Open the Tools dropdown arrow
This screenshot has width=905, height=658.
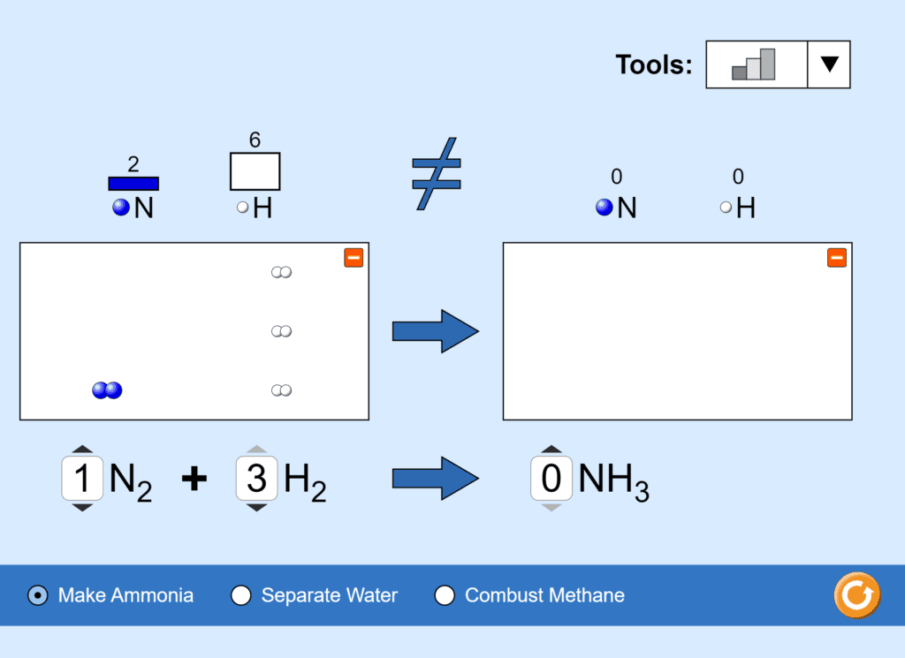click(x=829, y=64)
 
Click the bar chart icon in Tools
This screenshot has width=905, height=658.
click(x=755, y=64)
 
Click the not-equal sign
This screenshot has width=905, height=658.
click(x=437, y=173)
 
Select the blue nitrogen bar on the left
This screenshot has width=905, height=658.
click(x=133, y=184)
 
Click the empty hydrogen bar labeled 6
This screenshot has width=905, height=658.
click(x=255, y=171)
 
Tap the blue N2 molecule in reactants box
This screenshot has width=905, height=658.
click(x=107, y=390)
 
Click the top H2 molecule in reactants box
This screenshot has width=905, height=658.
click(x=281, y=272)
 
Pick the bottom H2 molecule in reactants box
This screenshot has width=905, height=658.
click(x=281, y=390)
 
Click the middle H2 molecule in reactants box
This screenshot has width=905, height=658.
click(x=281, y=331)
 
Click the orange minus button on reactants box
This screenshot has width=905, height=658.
click(x=354, y=257)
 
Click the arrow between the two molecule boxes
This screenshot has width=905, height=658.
click(x=435, y=331)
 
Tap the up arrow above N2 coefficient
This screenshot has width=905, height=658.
click(x=82, y=450)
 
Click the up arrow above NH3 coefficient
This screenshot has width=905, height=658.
click(x=551, y=450)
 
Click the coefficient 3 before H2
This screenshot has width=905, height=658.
click(x=256, y=479)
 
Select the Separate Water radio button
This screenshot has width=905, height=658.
click(x=240, y=595)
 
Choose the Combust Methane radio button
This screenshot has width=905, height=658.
click(x=445, y=595)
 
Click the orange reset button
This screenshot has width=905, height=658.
click(x=856, y=595)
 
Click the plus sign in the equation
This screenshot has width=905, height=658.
click(x=194, y=479)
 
